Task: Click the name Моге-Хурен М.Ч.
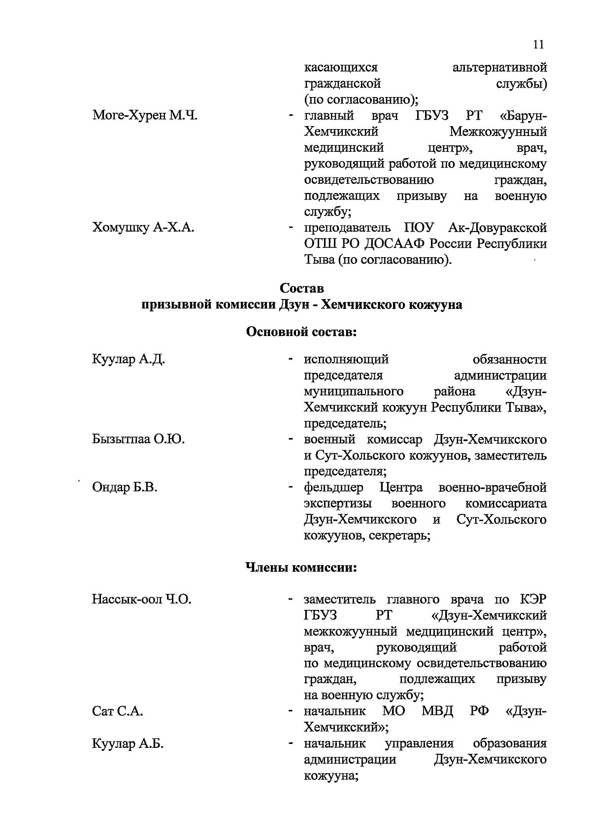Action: pos(145,116)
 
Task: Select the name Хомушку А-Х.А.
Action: pos(143,228)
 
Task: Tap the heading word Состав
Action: pos(301,287)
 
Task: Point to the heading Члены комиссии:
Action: pos(301,568)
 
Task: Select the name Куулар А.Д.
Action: pos(128,360)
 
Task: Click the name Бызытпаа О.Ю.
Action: pos(138,439)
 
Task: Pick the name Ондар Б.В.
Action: pos(125,488)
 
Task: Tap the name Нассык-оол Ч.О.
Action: pos(141,600)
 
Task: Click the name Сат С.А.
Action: pos(117,711)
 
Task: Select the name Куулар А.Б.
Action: pos(128,744)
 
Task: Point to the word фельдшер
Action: pos(334,488)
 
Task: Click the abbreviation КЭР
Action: pos(533,600)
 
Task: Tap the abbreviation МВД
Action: pos(437,711)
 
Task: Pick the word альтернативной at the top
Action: pos(499,67)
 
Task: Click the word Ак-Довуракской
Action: pos(497,228)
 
